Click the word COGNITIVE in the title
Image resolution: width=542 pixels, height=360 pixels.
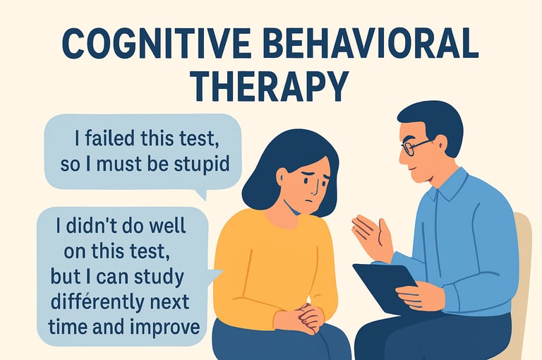point(156,44)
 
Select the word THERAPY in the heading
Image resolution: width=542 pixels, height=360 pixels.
point(270,85)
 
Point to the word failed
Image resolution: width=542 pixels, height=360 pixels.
point(109,138)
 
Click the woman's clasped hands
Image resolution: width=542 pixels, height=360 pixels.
point(304,318)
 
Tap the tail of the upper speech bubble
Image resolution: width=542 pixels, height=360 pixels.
point(201,194)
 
